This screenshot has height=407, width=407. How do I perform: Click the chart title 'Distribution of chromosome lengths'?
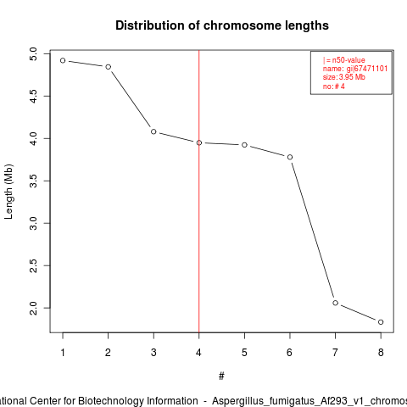(222, 25)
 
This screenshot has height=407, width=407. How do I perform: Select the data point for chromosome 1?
(63, 60)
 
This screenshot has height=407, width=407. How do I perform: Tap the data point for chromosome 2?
(108, 67)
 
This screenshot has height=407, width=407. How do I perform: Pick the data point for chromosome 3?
(153, 131)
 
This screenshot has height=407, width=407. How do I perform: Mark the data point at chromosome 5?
(244, 145)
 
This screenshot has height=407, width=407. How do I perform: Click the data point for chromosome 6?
(290, 157)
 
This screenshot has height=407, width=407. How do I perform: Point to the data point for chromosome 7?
(335, 303)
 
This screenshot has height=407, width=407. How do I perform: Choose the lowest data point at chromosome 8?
(381, 322)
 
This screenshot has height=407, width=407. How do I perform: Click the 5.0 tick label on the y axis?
(33, 53)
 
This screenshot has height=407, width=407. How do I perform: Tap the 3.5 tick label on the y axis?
(33, 181)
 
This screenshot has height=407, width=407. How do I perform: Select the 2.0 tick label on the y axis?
(33, 308)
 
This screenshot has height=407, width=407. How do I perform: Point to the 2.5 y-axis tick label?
(33, 265)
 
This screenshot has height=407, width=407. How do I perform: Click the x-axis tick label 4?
(198, 353)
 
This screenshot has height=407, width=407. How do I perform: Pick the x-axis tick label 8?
(381, 353)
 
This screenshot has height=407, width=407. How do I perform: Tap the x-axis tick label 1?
(63, 353)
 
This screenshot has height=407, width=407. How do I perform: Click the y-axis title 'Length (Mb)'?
(9, 192)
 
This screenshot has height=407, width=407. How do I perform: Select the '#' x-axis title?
(221, 376)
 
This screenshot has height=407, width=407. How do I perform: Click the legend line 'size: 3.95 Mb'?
(344, 77)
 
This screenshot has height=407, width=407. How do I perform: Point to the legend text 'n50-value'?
(348, 60)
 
